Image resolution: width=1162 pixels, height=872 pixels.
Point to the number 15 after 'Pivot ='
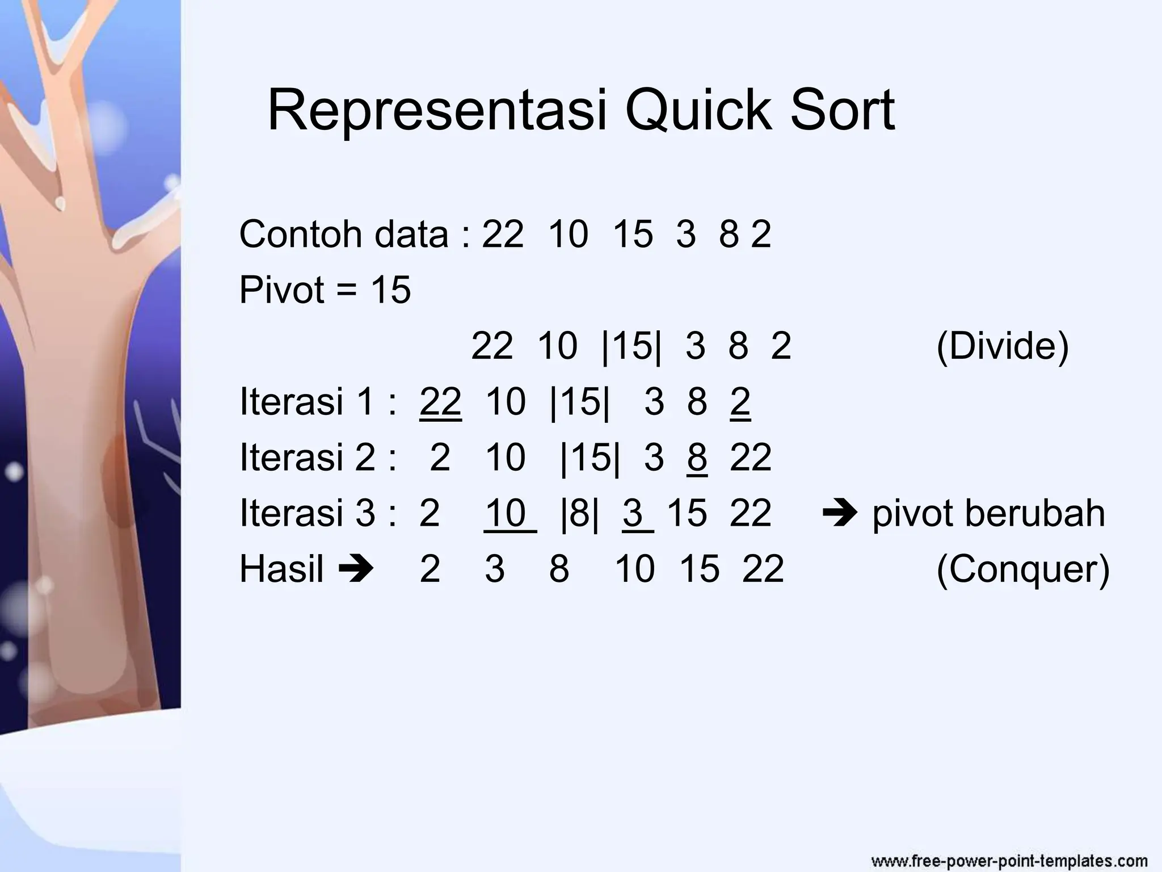pyautogui.click(x=390, y=290)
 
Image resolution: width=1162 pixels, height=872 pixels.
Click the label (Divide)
pyautogui.click(x=1002, y=345)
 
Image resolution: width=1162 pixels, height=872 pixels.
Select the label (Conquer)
pyautogui.click(x=1022, y=568)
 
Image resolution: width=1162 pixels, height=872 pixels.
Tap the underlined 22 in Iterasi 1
pyautogui.click(x=440, y=401)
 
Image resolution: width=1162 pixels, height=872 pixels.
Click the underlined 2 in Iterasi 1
pyautogui.click(x=740, y=401)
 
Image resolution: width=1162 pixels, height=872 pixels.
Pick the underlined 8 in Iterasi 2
pyautogui.click(x=697, y=457)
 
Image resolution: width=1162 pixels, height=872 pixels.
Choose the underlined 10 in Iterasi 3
pyautogui.click(x=506, y=513)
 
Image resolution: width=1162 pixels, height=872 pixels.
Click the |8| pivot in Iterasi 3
pyautogui.click(x=579, y=513)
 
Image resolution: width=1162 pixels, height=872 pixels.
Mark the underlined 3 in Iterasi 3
pyautogui.click(x=633, y=513)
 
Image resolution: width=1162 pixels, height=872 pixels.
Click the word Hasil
pyautogui.click(x=281, y=568)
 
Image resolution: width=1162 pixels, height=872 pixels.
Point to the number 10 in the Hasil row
pyautogui.click(x=635, y=568)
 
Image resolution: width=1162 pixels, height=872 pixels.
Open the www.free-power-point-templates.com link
pyautogui.click(x=1009, y=860)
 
